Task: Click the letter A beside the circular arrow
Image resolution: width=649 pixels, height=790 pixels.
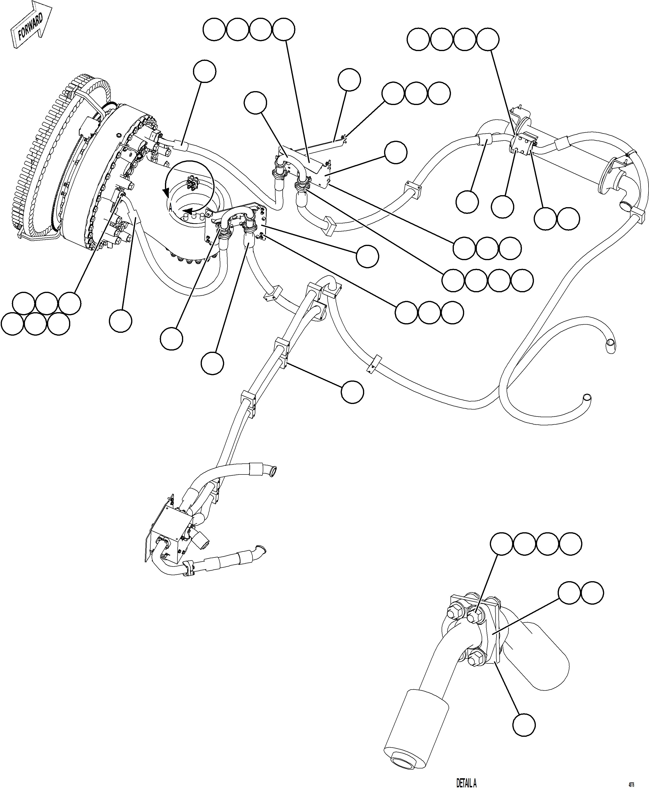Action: [170, 208]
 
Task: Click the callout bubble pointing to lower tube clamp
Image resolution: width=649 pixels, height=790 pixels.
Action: [352, 392]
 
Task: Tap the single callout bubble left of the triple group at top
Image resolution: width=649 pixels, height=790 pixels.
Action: [349, 80]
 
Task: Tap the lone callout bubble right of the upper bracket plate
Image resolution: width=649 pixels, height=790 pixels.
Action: [396, 152]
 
